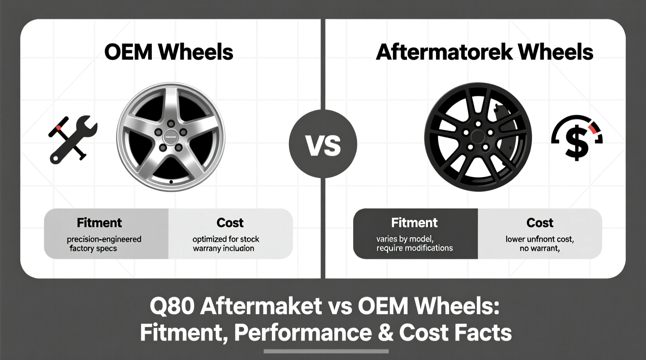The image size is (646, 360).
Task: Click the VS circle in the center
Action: pyautogui.click(x=323, y=144)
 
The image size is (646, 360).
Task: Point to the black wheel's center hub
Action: pyautogui.click(x=478, y=137)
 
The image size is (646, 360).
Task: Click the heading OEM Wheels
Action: pyautogui.click(x=168, y=52)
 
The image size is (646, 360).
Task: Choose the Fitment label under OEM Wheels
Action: pyautogui.click(x=99, y=223)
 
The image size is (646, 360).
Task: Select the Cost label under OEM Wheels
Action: pyautogui.click(x=230, y=223)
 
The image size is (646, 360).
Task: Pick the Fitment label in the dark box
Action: pyautogui.click(x=414, y=223)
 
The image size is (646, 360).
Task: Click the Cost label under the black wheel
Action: pyautogui.click(x=540, y=223)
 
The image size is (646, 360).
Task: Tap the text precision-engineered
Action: pyautogui.click(x=104, y=239)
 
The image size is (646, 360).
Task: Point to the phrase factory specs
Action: pyautogui.click(x=93, y=248)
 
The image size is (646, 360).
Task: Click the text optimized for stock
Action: pyautogui.click(x=226, y=239)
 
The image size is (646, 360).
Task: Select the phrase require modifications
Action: pyautogui.click(x=414, y=248)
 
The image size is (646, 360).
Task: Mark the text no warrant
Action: pyautogui.click(x=540, y=248)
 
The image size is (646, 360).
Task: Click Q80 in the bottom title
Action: pyautogui.click(x=172, y=306)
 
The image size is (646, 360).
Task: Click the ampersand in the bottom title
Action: pyautogui.click(x=386, y=333)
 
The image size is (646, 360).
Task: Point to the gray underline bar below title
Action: pyautogui.click(x=326, y=351)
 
